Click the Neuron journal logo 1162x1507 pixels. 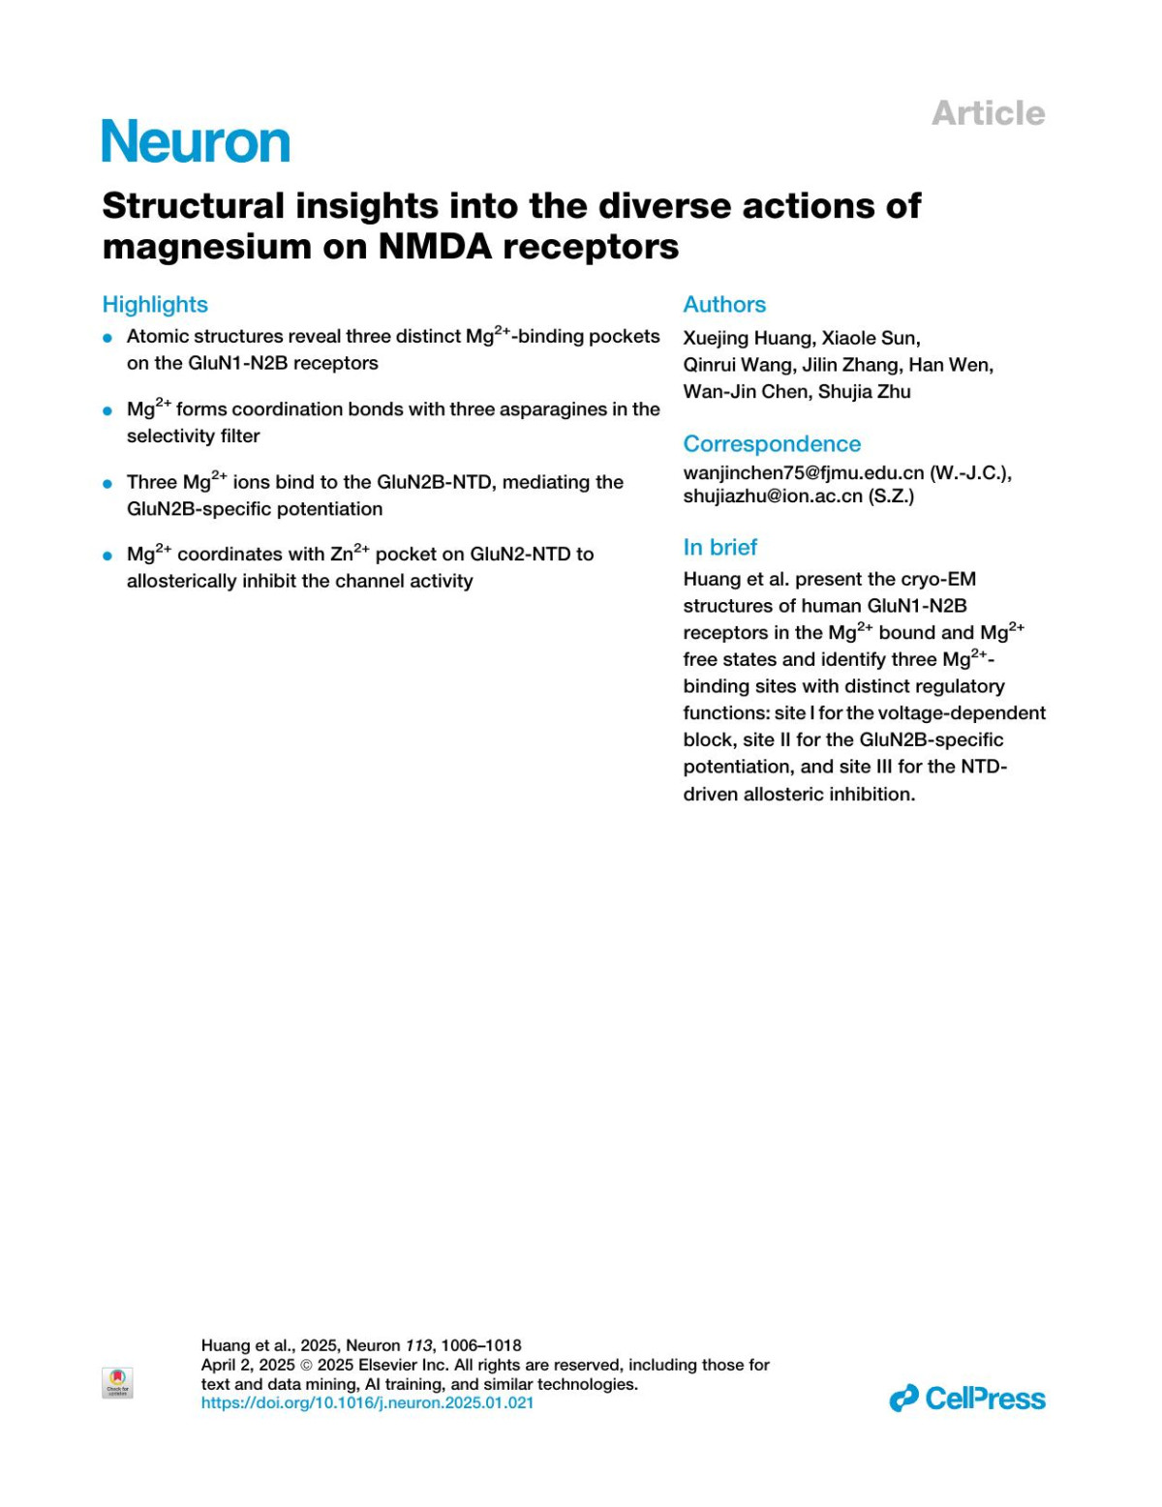(x=196, y=142)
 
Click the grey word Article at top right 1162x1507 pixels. (x=988, y=113)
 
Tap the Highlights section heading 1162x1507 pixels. (x=155, y=304)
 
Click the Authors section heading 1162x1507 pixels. (x=724, y=304)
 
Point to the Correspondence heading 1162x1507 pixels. (x=772, y=443)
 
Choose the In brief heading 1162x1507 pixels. (x=719, y=547)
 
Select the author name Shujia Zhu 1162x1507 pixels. (x=864, y=392)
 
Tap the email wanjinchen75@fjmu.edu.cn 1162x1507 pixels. (x=804, y=473)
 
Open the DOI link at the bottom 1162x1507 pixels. (x=367, y=1402)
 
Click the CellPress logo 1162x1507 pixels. (x=967, y=1399)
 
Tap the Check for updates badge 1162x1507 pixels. (x=117, y=1382)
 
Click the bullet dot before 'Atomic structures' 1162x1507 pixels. (x=108, y=338)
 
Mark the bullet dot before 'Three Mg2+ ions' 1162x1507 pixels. (x=108, y=483)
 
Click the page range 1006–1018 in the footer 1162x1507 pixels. (x=481, y=1345)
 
